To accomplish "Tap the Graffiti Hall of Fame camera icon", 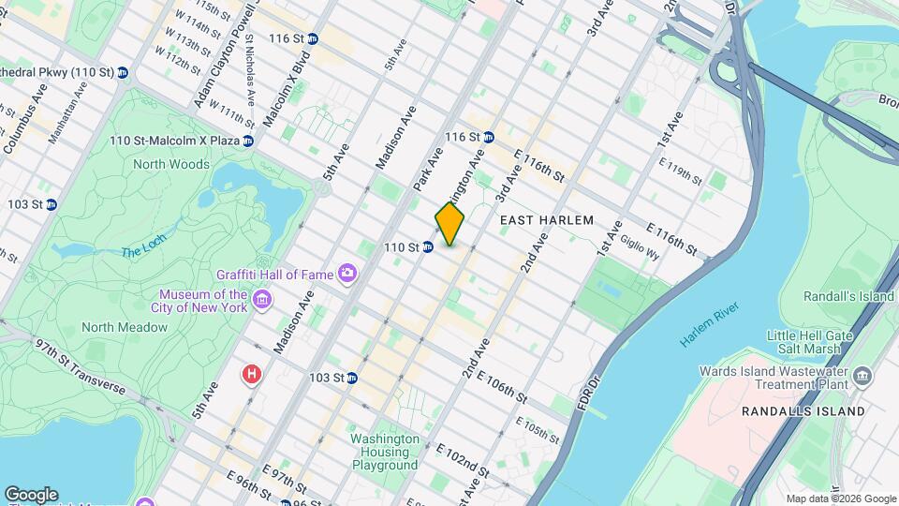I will [348, 274].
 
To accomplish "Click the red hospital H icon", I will [251, 375].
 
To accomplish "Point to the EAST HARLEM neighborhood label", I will [547, 220].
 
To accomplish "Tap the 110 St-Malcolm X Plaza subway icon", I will [247, 141].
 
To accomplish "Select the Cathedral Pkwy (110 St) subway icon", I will [122, 72].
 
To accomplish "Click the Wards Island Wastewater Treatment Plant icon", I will [862, 377].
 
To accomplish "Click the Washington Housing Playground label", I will [384, 452].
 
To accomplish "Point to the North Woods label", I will [171, 164].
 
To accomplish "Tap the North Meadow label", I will [124, 327].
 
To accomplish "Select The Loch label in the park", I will [141, 251].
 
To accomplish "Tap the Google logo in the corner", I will [31, 494].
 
